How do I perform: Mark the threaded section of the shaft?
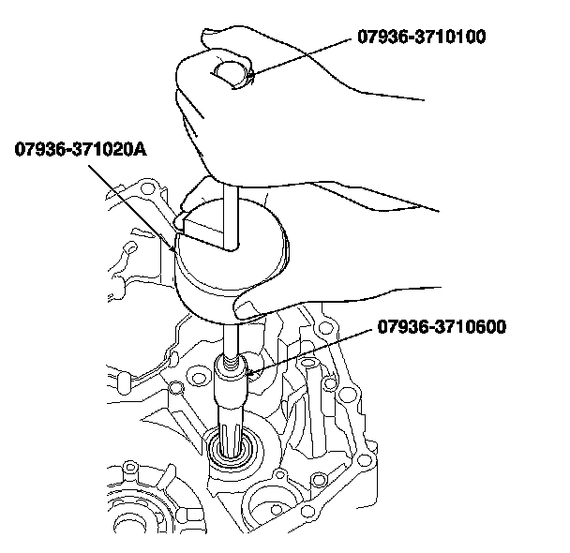coord(232,362)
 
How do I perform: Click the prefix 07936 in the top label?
coord(380,37)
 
